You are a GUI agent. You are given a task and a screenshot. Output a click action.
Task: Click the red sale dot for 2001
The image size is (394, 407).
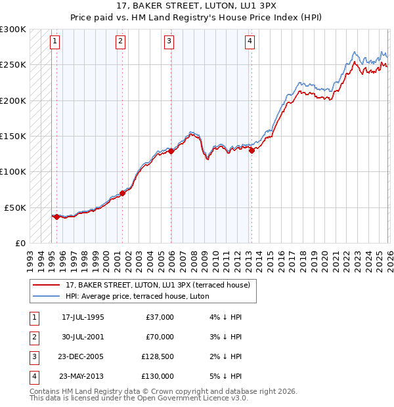click(123, 194)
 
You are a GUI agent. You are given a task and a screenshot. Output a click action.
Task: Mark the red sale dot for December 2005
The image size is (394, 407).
click(171, 151)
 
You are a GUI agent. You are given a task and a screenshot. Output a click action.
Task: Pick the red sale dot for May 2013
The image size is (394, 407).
click(252, 150)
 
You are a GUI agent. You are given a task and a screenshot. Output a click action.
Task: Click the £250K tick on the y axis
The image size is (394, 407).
click(13, 65)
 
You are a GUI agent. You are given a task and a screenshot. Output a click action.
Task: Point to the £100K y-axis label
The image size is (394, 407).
click(13, 171)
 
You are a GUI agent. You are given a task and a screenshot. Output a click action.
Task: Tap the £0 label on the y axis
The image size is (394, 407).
click(19, 243)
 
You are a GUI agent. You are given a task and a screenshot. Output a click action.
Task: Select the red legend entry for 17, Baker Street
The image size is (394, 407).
click(158, 286)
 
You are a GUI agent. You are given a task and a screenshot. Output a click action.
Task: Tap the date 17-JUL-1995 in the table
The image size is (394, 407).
click(83, 317)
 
